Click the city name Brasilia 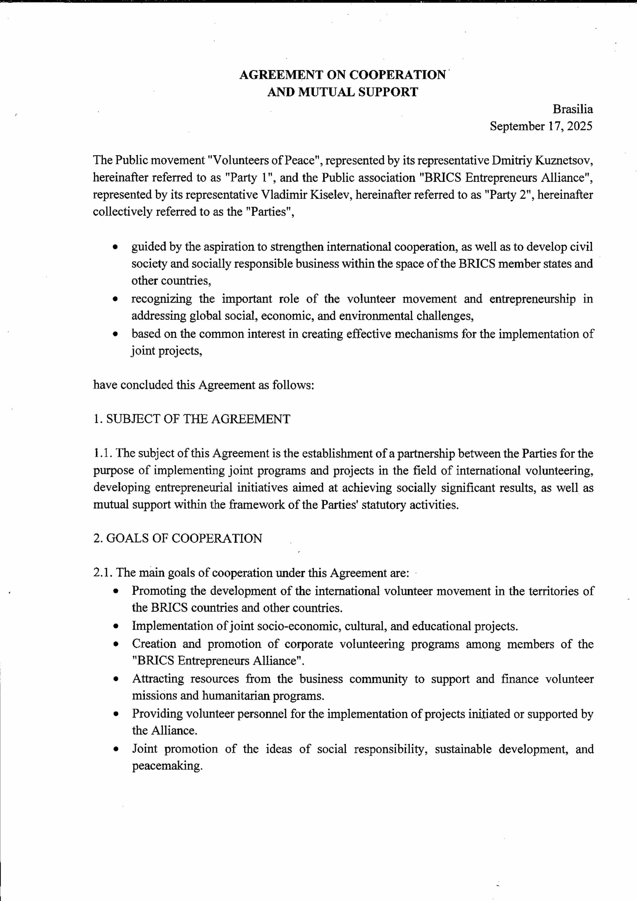(573, 109)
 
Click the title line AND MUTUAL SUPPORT (342, 92)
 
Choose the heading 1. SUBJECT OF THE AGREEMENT (192, 419)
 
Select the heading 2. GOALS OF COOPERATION (178, 538)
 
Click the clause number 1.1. (103, 454)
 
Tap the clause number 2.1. (103, 573)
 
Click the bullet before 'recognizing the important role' (115, 299)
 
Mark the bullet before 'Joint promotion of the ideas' (115, 750)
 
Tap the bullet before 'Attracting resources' (115, 679)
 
